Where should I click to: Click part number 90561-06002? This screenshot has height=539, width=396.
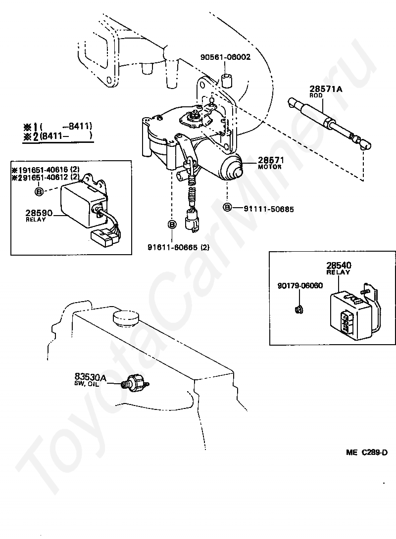[225, 57]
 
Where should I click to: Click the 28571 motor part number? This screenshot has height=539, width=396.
[269, 160]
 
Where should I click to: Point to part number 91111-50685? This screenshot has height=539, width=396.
[269, 209]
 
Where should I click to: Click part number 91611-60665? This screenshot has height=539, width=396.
[178, 247]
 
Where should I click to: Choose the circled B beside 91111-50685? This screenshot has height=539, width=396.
[227, 207]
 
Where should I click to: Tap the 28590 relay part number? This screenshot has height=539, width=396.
[36, 213]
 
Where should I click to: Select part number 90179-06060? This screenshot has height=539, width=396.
[300, 285]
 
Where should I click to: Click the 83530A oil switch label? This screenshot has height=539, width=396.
[90, 377]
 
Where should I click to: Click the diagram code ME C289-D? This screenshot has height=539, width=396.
[366, 452]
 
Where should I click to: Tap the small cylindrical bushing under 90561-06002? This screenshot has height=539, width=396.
[227, 80]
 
